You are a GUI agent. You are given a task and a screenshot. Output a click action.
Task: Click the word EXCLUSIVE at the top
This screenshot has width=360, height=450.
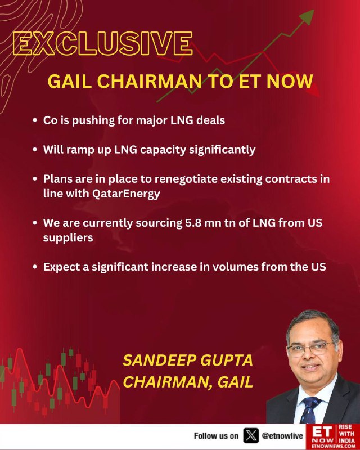(x=103, y=43)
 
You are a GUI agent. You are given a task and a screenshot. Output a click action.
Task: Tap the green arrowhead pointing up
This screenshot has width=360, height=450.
(x=307, y=17)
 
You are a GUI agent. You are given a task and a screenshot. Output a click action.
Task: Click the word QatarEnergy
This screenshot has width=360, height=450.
(x=127, y=194)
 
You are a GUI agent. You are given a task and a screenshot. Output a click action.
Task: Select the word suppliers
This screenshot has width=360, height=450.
(x=68, y=238)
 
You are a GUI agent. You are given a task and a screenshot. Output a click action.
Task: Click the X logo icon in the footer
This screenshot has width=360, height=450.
(x=251, y=435)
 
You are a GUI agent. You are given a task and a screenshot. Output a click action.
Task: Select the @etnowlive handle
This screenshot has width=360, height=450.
(x=282, y=436)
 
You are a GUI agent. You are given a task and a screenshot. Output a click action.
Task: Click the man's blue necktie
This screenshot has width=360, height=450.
(x=310, y=409)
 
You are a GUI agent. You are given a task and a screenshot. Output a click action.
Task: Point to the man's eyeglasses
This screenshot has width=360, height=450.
(x=310, y=349)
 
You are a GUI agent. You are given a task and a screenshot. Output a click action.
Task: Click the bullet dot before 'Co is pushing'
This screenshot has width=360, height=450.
(x=35, y=120)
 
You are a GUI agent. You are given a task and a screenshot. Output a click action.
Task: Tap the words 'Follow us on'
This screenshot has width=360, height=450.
(x=216, y=436)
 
